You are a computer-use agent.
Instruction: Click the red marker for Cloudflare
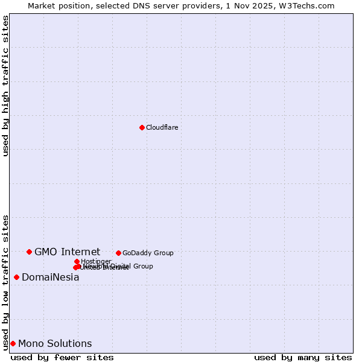(x=142, y=127)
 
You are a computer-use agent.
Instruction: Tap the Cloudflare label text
(x=162, y=127)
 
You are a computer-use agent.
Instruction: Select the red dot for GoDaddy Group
(x=118, y=253)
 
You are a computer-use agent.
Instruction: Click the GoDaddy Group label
(x=148, y=253)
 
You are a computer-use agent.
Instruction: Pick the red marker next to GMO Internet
(x=29, y=252)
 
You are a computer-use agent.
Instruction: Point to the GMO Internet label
(x=67, y=252)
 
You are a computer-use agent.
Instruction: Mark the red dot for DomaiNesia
(x=16, y=277)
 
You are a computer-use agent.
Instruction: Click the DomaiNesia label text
(x=50, y=278)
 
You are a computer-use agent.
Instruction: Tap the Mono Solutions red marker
(x=13, y=343)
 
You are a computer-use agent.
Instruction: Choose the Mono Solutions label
(x=55, y=344)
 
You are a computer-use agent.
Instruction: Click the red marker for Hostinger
(x=77, y=261)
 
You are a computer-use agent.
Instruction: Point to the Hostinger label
(x=96, y=261)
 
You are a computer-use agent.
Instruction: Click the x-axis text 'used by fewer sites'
(x=62, y=357)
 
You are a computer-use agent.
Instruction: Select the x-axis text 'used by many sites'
(x=303, y=357)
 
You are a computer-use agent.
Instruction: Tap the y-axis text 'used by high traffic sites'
(x=5, y=86)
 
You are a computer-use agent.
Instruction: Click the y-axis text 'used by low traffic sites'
(x=5, y=282)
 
